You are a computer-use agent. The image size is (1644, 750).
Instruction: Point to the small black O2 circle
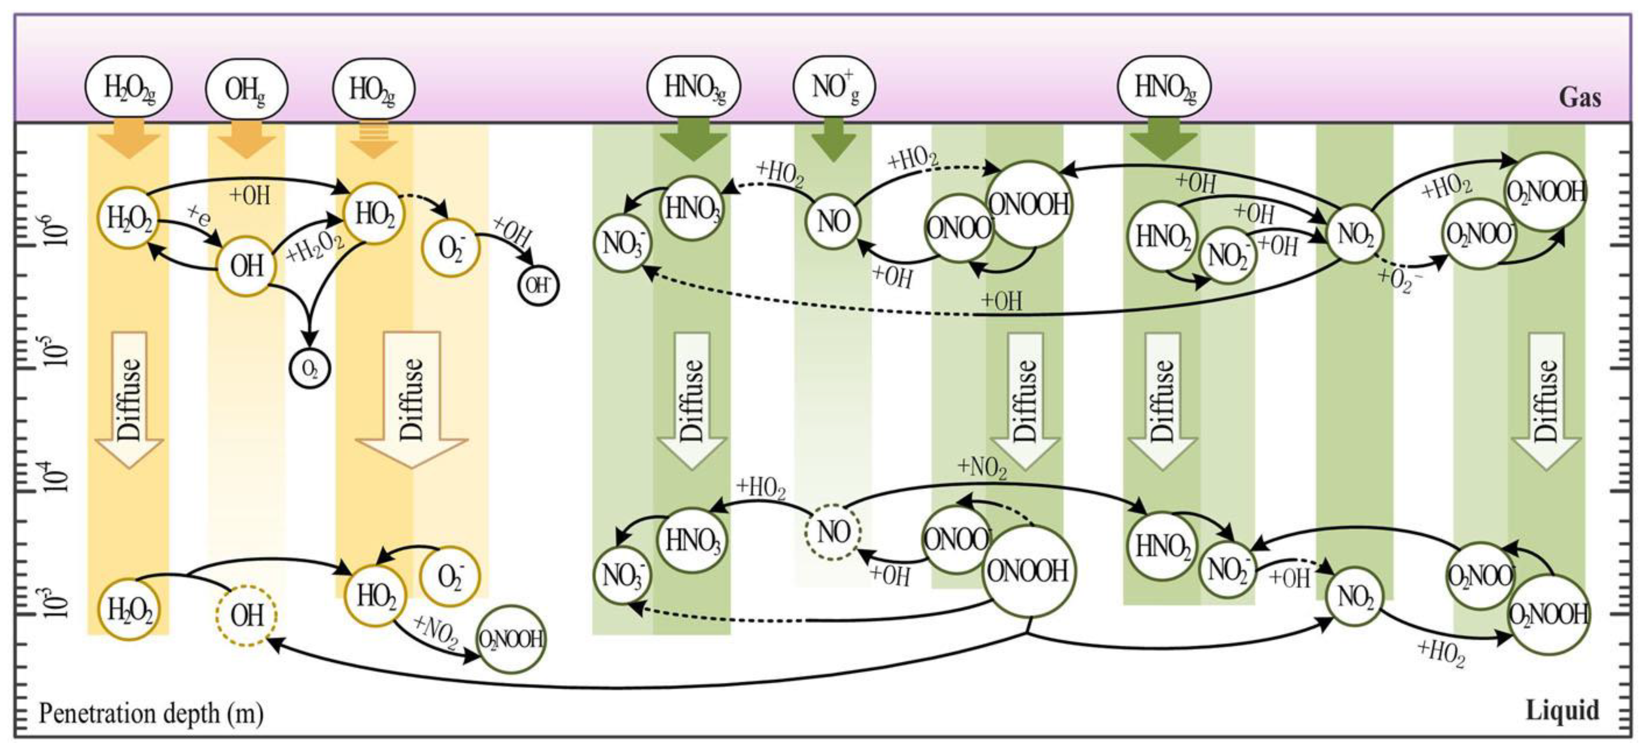coord(310,368)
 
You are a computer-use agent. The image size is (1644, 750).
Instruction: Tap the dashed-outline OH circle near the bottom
coord(246,616)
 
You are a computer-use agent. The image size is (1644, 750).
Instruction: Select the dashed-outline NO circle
coord(833,532)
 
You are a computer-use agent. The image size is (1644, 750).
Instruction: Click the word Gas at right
coord(1579,98)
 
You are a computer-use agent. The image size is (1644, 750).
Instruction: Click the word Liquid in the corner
coord(1562,710)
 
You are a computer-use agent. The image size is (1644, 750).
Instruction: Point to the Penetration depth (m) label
coord(151,713)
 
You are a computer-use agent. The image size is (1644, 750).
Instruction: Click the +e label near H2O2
coord(199,217)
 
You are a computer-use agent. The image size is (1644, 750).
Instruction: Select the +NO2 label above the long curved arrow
coord(981,468)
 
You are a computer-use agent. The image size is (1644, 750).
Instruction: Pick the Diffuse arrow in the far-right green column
coord(1546,401)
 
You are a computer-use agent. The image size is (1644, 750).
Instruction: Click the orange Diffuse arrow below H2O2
coord(130,401)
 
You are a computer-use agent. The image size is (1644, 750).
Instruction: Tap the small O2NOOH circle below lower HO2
coord(511,639)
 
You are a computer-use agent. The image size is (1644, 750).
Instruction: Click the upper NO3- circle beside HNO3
coord(623,244)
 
